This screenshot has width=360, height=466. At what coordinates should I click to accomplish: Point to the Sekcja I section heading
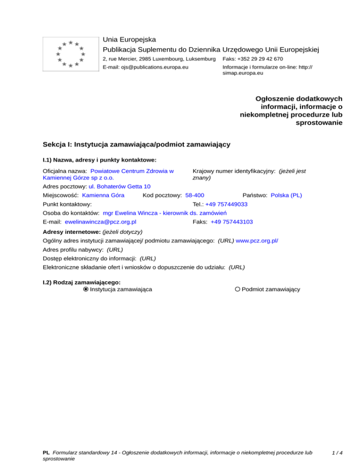pyautogui.click(x=136, y=144)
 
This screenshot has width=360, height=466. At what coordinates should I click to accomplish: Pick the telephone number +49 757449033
pyautogui.click(x=226, y=204)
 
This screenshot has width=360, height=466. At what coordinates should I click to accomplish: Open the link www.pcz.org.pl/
pyautogui.click(x=257, y=241)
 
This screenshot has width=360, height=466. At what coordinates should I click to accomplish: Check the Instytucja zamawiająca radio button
pyautogui.click(x=86, y=290)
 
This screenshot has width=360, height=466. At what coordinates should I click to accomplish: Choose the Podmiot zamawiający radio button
pyautogui.click(x=238, y=290)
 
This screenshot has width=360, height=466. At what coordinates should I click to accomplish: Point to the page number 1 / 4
pyautogui.click(x=337, y=453)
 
